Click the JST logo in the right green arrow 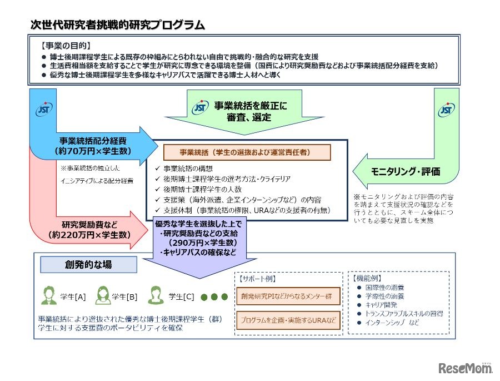445,110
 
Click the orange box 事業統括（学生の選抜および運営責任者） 247,152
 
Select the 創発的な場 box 88,265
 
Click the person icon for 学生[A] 48,295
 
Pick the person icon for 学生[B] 102,295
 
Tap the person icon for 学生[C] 157,295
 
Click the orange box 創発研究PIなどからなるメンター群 286,296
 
